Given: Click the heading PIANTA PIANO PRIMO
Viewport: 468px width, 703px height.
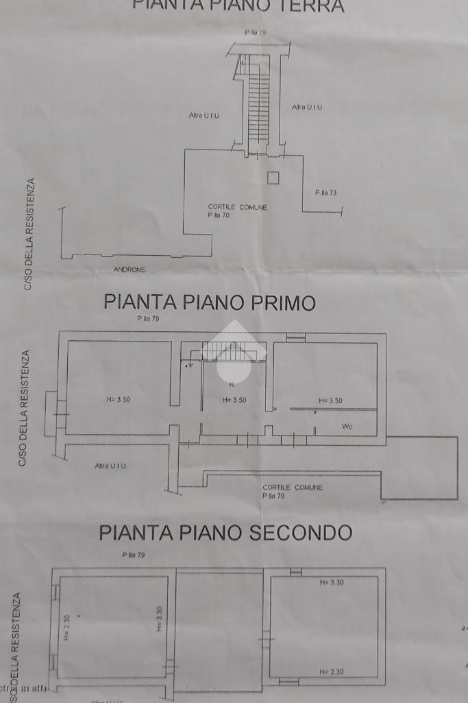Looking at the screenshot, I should coord(210,302).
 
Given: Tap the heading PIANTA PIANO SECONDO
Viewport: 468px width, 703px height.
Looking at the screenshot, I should coord(225,533).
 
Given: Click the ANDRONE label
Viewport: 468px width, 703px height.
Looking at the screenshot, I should coord(130,270).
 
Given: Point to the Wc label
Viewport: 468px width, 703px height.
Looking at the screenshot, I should coord(347,427).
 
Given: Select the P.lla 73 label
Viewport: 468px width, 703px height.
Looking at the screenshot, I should coord(325,193).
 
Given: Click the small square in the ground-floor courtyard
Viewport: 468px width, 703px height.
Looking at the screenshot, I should coord(273,178).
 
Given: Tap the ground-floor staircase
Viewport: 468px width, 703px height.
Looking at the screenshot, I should coord(258,103).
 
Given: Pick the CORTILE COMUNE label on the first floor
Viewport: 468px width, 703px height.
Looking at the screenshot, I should coord(292,487).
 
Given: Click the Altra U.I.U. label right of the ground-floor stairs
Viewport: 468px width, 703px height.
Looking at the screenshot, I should coord(307,107).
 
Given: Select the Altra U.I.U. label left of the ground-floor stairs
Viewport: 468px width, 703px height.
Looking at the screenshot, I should coord(204,115).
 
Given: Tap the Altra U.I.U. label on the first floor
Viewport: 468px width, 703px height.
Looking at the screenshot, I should coord(110,466).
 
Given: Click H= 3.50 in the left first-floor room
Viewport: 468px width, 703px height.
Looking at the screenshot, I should coord(119,400).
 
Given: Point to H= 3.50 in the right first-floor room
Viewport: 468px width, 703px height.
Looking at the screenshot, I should coord(330,401).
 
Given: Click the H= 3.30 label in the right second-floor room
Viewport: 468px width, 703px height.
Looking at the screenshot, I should coord(332,582).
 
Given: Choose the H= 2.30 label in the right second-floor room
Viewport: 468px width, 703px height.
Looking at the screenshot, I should coord(332,671).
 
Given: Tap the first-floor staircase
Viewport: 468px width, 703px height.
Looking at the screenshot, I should coord(233,350).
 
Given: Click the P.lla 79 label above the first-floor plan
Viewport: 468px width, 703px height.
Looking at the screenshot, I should coord(148,319).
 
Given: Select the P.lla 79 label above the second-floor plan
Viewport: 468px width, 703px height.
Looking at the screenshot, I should coord(133,555).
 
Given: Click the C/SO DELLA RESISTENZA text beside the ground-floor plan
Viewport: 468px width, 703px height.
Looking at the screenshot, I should coord(28,234).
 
